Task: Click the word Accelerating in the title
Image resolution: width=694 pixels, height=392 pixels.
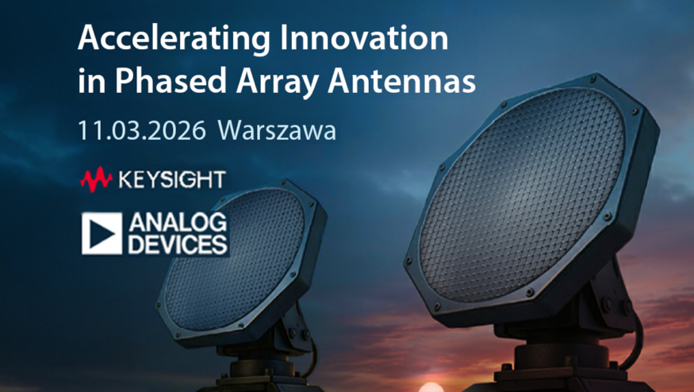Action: tap(174, 40)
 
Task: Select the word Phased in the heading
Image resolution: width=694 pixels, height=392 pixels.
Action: tap(171, 81)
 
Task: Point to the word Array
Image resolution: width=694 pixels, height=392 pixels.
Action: tap(277, 83)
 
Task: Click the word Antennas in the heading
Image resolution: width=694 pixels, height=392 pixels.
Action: tap(401, 81)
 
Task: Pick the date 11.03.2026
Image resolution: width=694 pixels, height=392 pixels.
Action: tap(142, 130)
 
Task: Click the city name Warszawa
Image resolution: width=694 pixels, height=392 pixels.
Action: tap(277, 130)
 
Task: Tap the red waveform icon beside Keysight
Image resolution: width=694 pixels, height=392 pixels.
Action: tap(97, 179)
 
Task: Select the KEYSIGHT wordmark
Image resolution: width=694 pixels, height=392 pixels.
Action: tap(172, 179)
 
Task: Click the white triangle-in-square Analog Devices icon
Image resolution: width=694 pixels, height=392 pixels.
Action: tap(102, 233)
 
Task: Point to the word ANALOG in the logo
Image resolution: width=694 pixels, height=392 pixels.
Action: tap(178, 223)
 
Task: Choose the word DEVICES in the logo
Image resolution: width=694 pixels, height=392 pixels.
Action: tap(178, 244)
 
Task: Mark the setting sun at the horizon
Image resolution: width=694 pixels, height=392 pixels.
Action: tap(431, 387)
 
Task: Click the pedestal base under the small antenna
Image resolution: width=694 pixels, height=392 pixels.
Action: tap(261, 375)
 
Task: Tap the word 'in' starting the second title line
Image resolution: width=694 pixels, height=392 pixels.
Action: tap(91, 81)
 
